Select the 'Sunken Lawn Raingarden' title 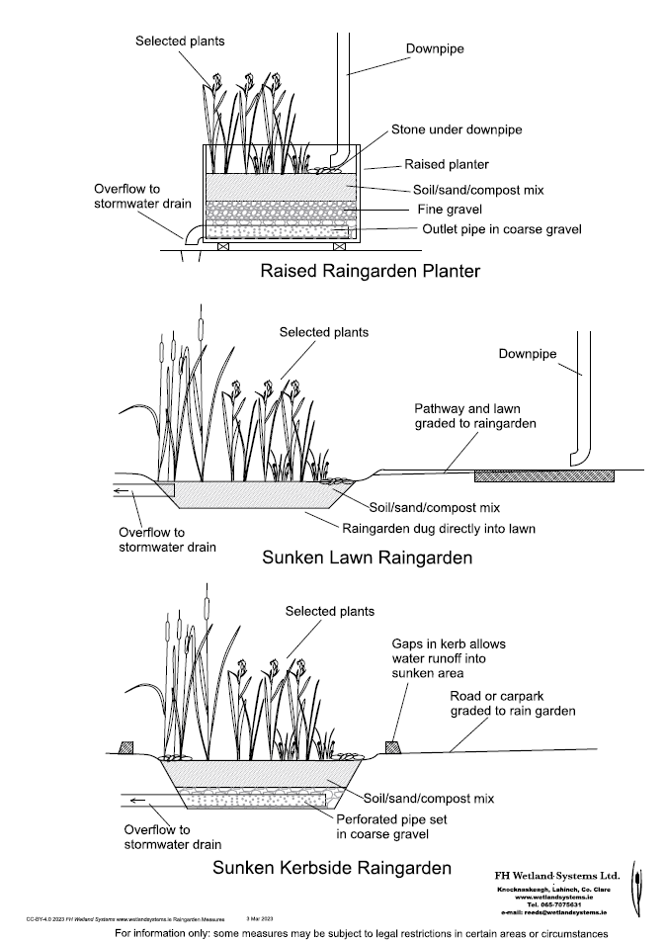[367, 557]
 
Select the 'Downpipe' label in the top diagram [435, 46]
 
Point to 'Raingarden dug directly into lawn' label [439, 528]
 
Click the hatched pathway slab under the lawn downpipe [544, 475]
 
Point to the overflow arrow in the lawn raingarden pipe [123, 490]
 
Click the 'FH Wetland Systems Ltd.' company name [556, 875]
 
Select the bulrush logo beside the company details [636, 887]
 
